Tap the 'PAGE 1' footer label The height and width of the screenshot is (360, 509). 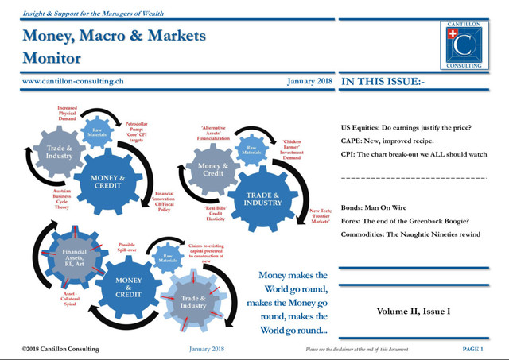[472, 349]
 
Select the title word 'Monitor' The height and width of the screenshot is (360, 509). [52, 58]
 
